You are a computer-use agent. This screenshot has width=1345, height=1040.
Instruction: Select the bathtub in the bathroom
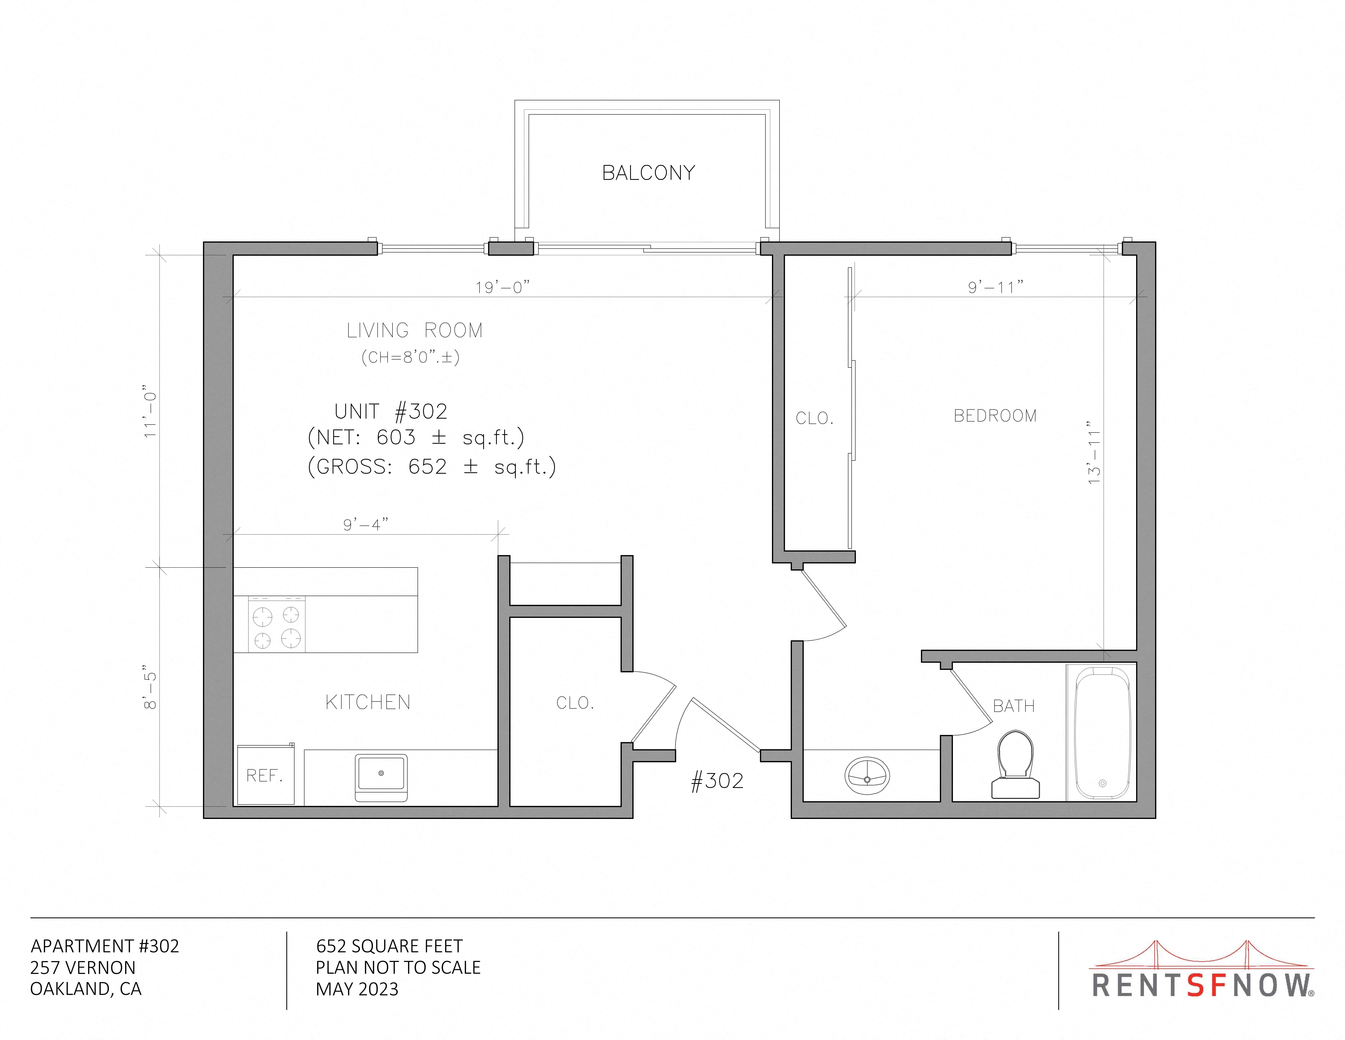click(x=1102, y=732)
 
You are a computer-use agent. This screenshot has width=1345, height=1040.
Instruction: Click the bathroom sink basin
click(x=867, y=776)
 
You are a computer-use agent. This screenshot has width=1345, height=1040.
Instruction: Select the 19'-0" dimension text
click(x=503, y=287)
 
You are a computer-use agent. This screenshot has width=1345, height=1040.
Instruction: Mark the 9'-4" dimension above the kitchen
click(x=366, y=524)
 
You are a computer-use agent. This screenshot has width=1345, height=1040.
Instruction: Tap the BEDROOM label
click(x=995, y=416)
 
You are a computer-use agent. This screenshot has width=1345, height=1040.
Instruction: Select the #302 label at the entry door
click(x=718, y=781)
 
